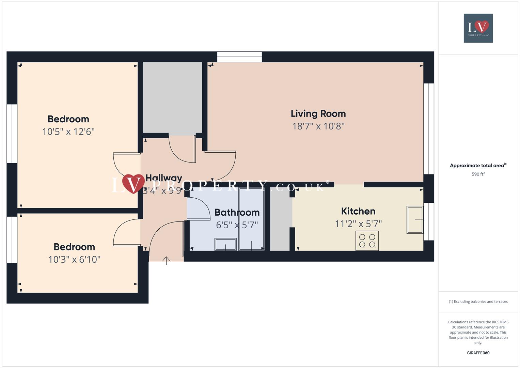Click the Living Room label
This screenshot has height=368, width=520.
coord(318,114)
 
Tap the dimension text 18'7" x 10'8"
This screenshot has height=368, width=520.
coord(318,126)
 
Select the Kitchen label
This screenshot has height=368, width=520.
coord(358,211)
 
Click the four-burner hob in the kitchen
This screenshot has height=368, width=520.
coord(367,241)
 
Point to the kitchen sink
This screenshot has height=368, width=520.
coord(415,220)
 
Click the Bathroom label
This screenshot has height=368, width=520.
coord(237,213)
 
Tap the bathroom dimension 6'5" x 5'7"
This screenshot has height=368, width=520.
coord(237,225)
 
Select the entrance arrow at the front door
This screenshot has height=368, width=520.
coord(166,261)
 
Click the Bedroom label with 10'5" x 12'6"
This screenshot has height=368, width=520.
coord(68,119)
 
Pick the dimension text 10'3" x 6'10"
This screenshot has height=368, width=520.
coord(74,260)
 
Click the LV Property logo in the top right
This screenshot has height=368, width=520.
coord(478,28)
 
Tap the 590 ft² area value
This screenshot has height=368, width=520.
coord(478,174)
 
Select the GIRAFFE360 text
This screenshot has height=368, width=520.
coord(478,353)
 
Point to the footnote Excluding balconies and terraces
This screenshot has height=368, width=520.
coord(478,302)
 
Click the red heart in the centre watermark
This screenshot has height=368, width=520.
coord(133,184)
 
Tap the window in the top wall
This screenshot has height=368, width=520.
coord(239,57)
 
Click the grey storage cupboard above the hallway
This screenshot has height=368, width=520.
coord(172,97)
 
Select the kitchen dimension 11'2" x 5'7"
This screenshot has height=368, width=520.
coord(358,224)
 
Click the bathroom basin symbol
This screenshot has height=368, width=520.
coord(225,244)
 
